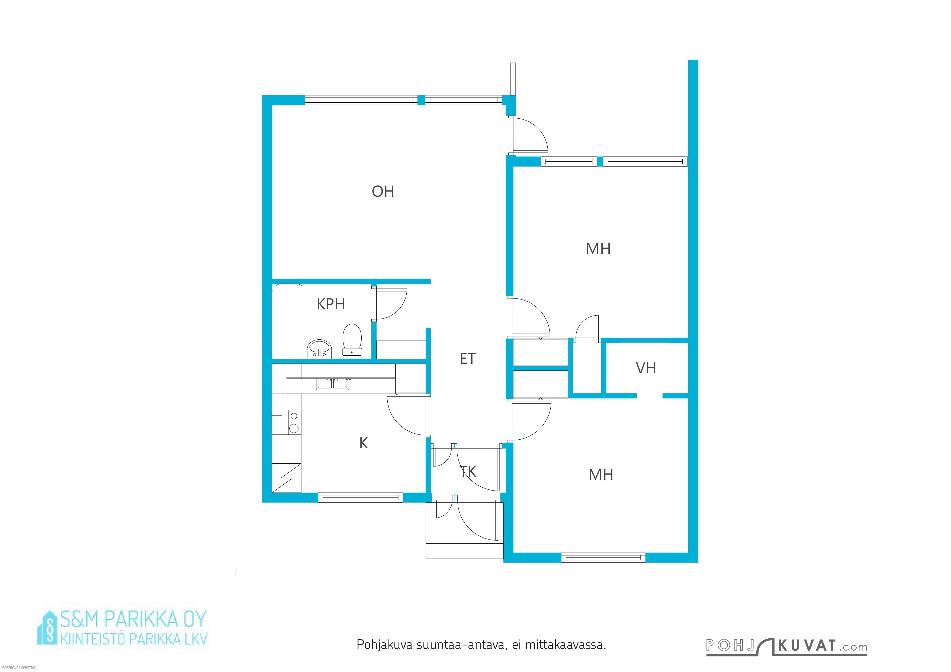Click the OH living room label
click(x=383, y=191)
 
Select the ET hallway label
click(x=468, y=358)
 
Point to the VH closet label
click(x=646, y=368)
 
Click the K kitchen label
click(x=363, y=443)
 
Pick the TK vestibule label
click(x=468, y=471)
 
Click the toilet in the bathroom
click(x=352, y=340)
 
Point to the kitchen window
click(x=360, y=497)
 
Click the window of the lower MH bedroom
click(x=603, y=557)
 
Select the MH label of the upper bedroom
click(x=598, y=249)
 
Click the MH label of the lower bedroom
click(x=600, y=475)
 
